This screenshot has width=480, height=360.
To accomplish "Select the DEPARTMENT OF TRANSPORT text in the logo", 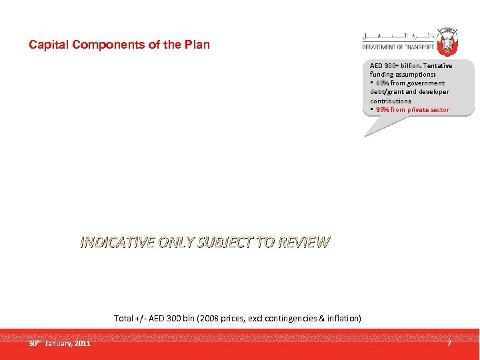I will [x=398, y=47].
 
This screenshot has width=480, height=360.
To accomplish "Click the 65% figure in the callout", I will [x=382, y=83].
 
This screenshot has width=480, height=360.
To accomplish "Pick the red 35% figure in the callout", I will [x=382, y=109].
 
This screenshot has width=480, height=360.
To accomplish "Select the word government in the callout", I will [x=427, y=83].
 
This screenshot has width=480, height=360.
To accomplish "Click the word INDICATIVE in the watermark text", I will [x=118, y=243].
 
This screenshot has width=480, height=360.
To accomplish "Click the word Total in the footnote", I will [x=124, y=319].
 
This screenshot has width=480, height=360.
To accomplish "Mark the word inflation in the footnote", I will [x=341, y=319].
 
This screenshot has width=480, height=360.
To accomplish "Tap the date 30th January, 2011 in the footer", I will [x=59, y=343].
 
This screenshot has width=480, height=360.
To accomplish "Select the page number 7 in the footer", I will [x=449, y=343].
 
